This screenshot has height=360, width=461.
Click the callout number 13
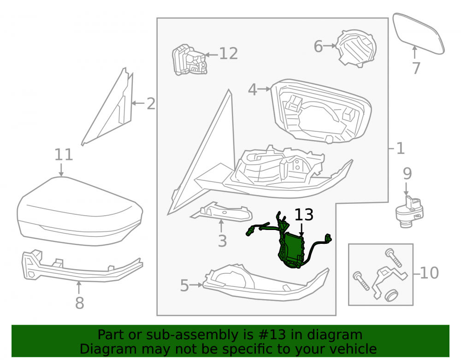[x=304, y=215]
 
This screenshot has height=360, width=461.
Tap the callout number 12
[x=229, y=54]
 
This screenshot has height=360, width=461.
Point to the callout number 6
[x=318, y=47]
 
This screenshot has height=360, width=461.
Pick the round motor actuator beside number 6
[x=356, y=48]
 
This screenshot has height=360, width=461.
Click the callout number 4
[x=253, y=89]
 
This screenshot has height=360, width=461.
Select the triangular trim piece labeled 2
[x=109, y=106]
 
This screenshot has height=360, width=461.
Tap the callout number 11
[x=64, y=154]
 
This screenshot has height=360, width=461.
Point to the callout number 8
[x=79, y=303]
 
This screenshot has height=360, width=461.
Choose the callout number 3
[x=222, y=241]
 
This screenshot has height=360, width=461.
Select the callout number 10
[x=429, y=273]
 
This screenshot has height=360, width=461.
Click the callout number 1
[x=401, y=148]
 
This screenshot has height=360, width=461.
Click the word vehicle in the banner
[x=353, y=349]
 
